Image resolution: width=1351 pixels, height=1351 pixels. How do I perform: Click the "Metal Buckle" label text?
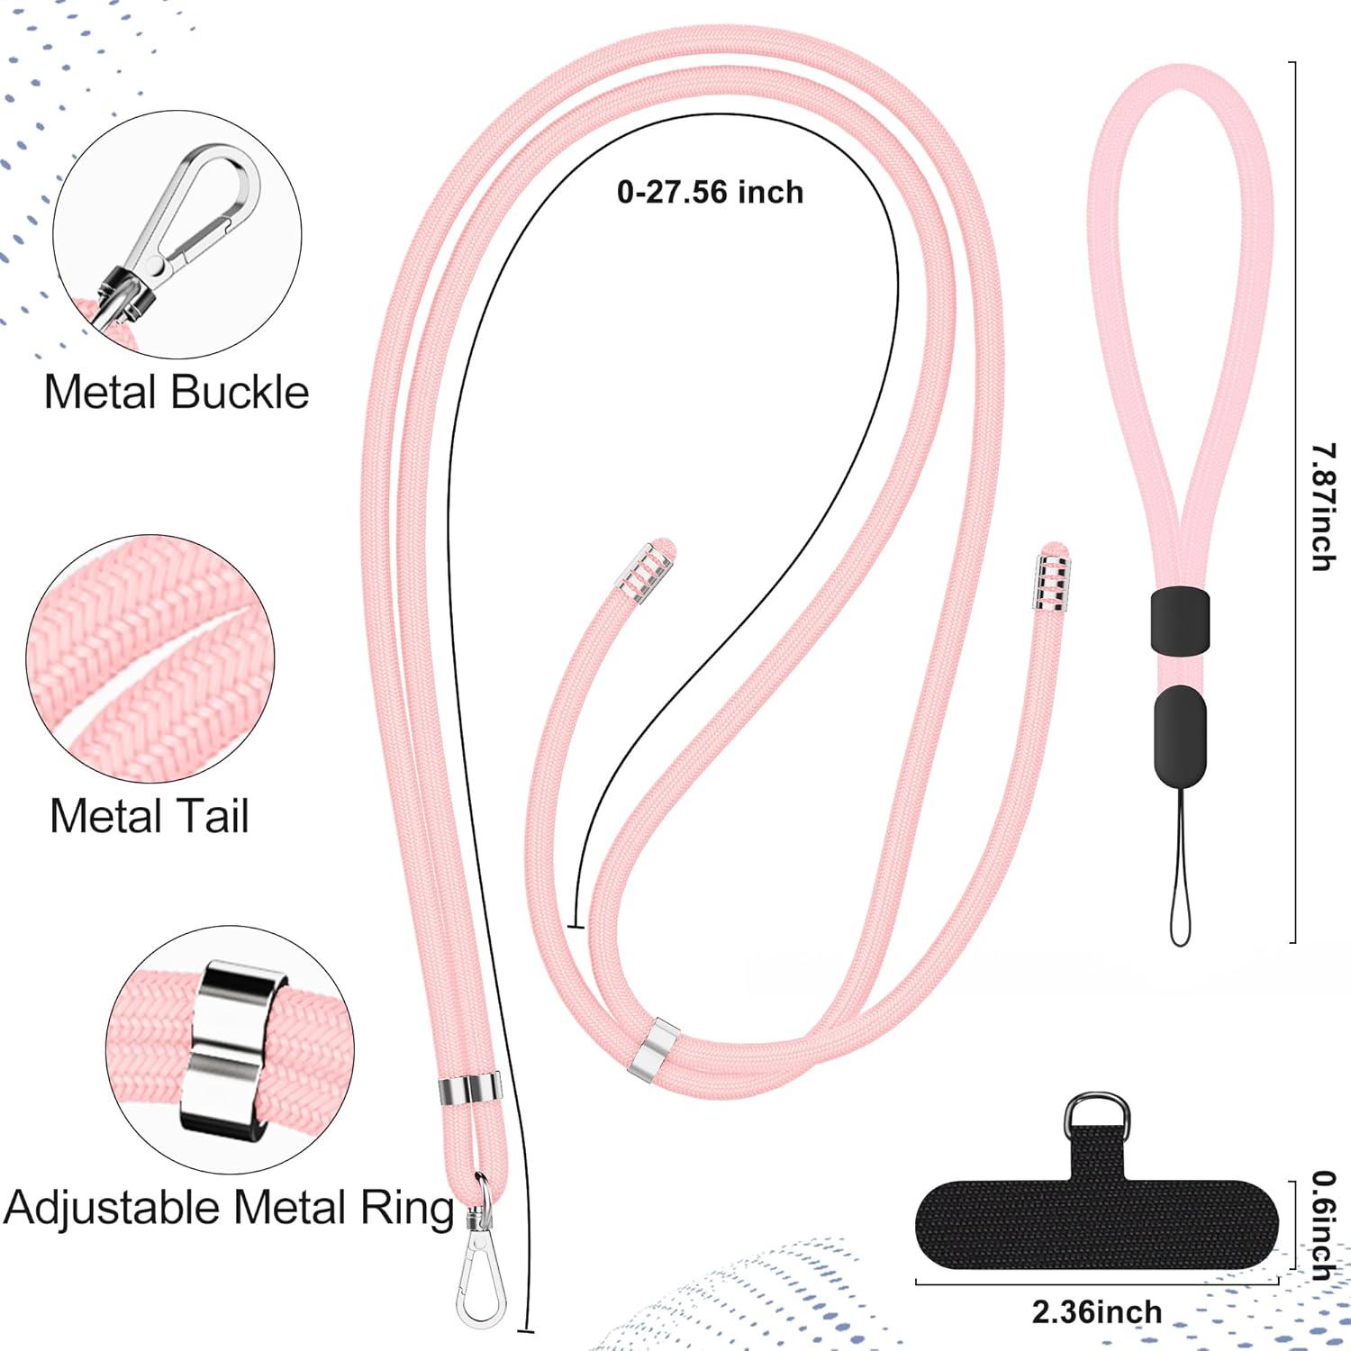177,393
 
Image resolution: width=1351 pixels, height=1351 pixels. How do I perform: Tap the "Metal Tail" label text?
150,816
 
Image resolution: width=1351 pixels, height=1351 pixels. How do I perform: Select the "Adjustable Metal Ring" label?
229,1208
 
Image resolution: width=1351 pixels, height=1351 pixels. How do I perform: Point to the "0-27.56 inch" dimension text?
710,192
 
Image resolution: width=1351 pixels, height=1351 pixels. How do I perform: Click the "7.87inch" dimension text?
1320,506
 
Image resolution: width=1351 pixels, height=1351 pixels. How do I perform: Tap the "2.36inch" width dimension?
1097,1312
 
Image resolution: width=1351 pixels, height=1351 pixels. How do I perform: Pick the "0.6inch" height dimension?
1322,1225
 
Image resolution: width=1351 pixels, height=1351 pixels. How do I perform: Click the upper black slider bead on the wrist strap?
1179,620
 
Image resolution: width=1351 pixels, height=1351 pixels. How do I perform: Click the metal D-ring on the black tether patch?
1095,1115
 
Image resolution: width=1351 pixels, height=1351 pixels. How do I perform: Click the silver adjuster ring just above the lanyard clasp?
469,1091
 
